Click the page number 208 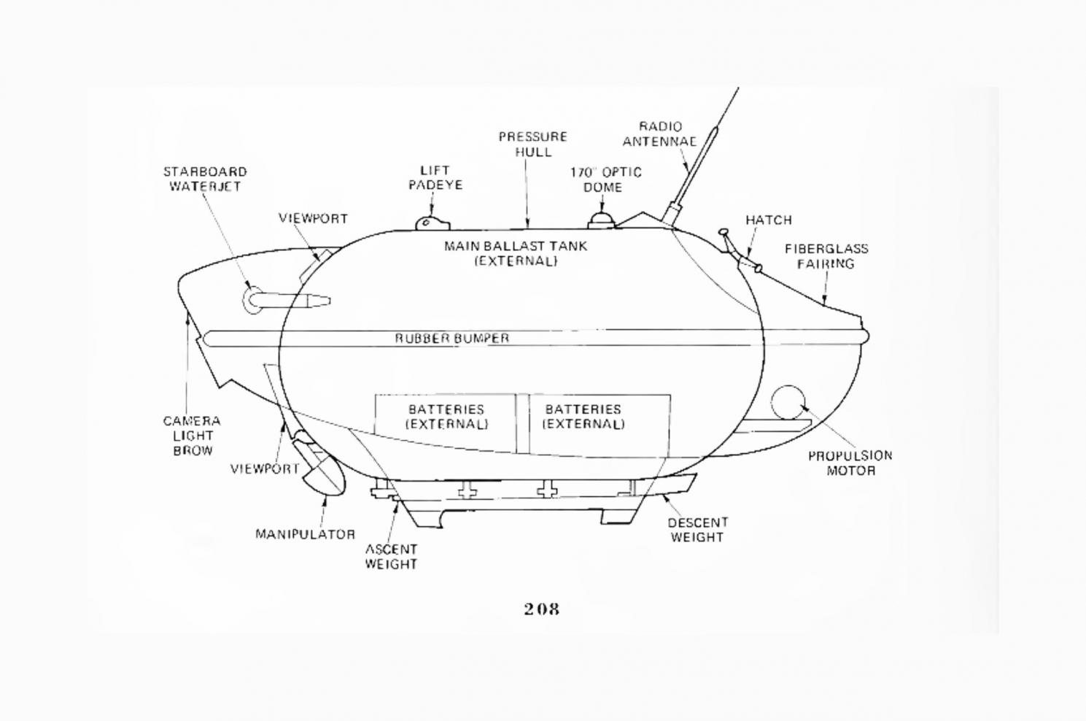click(x=541, y=609)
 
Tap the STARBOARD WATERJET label click(x=205, y=179)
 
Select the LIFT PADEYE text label click(x=435, y=177)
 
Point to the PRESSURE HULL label click(x=532, y=144)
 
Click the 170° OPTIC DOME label click(x=605, y=180)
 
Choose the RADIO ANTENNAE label click(x=659, y=134)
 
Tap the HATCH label click(x=768, y=220)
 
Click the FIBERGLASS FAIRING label click(x=826, y=255)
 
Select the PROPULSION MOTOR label click(x=850, y=463)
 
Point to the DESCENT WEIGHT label click(x=697, y=530)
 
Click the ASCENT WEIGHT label click(x=391, y=556)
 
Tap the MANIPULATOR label click(x=305, y=534)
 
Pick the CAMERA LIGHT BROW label click(x=192, y=436)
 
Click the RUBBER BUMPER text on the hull click(x=452, y=339)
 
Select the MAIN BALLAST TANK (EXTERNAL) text click(x=516, y=253)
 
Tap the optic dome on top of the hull click(x=601, y=220)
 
